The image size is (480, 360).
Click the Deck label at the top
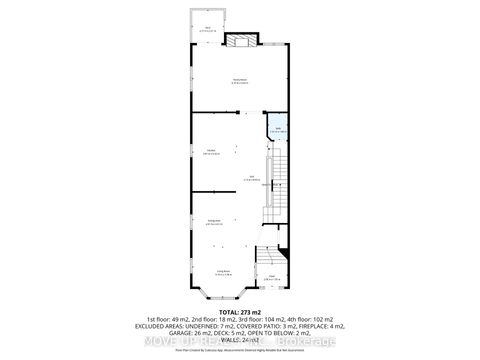tap(208, 29)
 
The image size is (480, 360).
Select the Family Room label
tap(239, 81)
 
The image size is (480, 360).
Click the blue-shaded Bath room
tap(277, 130)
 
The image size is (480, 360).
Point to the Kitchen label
tap(212, 152)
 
